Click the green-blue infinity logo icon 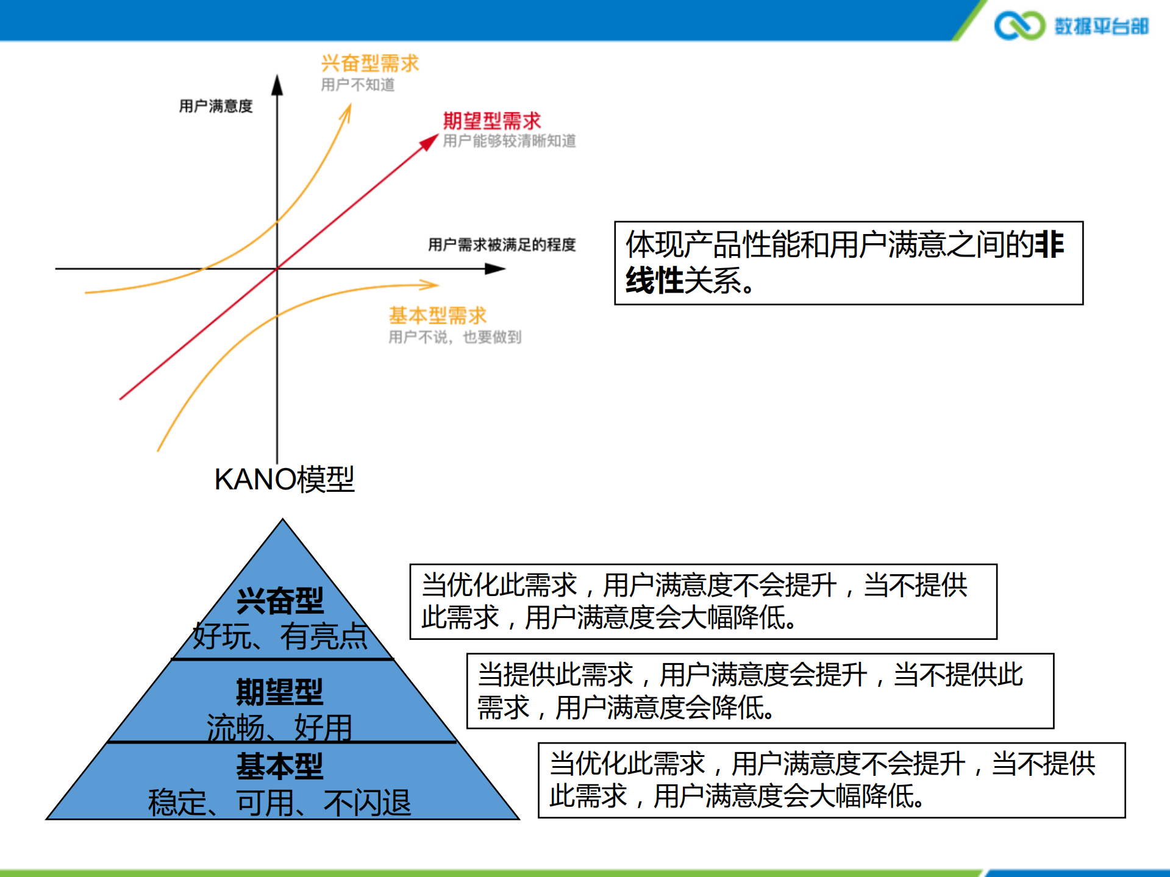point(1019,26)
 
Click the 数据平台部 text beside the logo point(1101,26)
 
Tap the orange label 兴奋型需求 point(369,63)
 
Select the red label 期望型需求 point(491,120)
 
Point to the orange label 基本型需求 point(437,315)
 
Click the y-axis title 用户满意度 point(215,106)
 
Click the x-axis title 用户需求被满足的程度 point(501,244)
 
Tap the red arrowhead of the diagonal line point(430,142)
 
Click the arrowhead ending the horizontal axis point(496,269)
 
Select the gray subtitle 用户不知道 point(357,85)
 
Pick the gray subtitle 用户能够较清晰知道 point(508,141)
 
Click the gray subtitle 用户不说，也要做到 point(454,337)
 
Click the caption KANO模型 point(284,479)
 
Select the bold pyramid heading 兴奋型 point(280,601)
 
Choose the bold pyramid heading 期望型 point(280,691)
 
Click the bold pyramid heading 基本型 point(280,765)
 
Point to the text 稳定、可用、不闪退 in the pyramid point(280,802)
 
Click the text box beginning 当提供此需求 point(760,691)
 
